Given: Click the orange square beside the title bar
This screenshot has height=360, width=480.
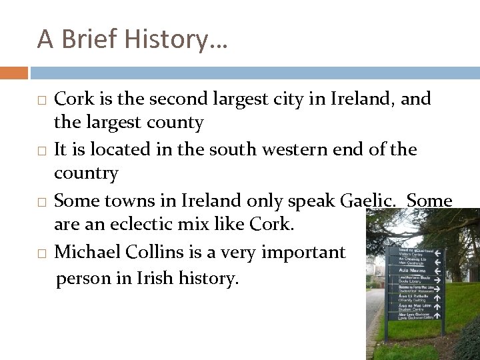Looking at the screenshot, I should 14,72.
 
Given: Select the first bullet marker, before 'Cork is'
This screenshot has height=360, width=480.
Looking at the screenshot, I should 41,101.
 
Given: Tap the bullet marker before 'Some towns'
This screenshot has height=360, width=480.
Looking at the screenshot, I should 41,202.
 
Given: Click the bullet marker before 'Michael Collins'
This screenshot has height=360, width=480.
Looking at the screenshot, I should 41,253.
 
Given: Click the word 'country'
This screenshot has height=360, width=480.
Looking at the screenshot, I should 86,174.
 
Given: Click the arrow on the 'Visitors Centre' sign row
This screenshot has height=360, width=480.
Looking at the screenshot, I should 439,253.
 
